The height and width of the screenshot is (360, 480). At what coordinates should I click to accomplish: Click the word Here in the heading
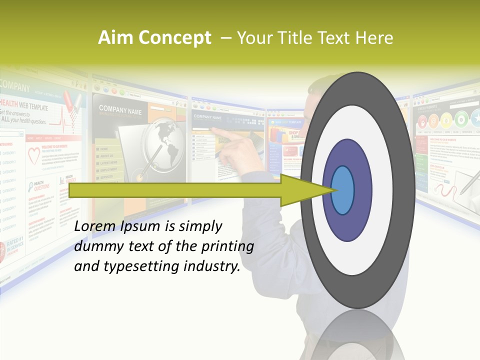(x=373, y=38)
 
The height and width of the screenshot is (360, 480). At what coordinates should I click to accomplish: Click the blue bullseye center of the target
(x=342, y=190)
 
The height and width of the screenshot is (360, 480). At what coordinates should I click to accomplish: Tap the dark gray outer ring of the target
(x=357, y=90)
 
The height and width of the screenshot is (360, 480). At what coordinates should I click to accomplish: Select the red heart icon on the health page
(x=34, y=156)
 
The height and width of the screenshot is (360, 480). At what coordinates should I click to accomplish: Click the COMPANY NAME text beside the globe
(x=120, y=109)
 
